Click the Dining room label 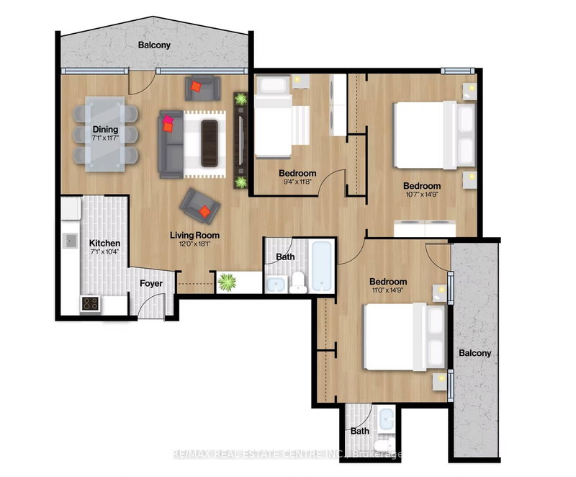tap(104, 130)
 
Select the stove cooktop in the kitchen tap(91, 304)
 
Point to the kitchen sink tap(71, 241)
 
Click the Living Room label tap(194, 235)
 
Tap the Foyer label tap(151, 283)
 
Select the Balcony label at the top tap(156, 45)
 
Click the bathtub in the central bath tap(322, 265)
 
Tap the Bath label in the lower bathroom tap(359, 431)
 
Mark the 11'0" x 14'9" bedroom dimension tap(388, 292)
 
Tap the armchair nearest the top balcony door tap(202, 89)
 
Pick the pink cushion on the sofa tap(168, 120)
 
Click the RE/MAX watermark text tap(288, 454)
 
